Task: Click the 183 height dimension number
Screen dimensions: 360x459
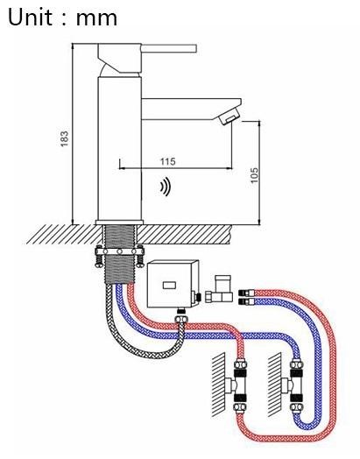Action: [65, 138]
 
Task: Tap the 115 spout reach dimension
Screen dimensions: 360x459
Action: [167, 161]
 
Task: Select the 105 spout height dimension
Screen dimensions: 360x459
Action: [255, 175]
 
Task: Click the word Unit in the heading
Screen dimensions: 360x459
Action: [29, 17]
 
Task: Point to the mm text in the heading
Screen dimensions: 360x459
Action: [96, 19]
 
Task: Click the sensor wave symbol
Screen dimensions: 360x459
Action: [166, 187]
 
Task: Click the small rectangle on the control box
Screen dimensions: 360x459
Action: [169, 285]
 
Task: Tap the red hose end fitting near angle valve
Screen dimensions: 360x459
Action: [248, 293]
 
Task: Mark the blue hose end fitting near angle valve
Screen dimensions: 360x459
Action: [248, 301]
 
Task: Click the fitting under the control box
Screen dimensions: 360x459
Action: [182, 314]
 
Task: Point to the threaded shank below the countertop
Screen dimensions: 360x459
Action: [119, 254]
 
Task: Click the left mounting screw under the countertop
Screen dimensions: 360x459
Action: [99, 257]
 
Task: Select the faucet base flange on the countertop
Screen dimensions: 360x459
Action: [119, 222]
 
